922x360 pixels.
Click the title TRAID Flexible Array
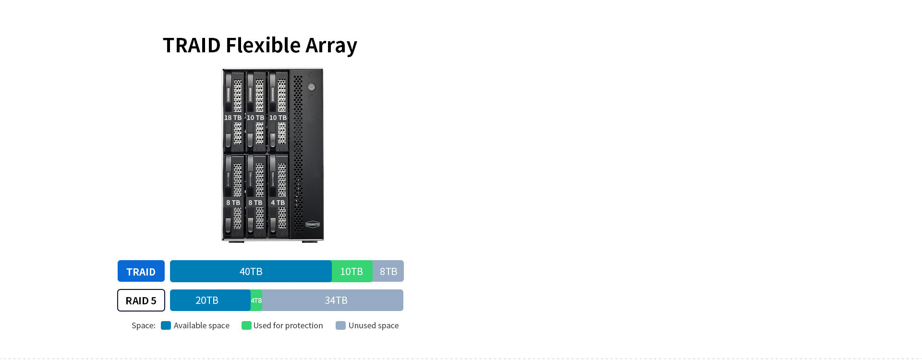tap(260, 46)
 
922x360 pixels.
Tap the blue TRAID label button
tap(141, 271)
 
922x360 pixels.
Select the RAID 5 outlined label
tap(141, 300)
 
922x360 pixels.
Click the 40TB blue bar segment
tap(251, 271)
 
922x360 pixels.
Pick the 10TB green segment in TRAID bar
tap(352, 271)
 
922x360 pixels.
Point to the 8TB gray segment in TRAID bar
tap(388, 271)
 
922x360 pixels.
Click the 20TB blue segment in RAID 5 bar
tap(207, 300)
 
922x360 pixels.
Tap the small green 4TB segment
tap(256, 300)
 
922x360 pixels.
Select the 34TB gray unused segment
tap(336, 300)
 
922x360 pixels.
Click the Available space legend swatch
tap(166, 325)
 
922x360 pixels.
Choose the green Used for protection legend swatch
tap(246, 325)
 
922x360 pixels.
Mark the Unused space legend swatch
tap(340, 325)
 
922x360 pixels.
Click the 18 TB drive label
tap(233, 118)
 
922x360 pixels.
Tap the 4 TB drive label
tap(278, 203)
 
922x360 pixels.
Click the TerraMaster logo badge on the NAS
tap(313, 224)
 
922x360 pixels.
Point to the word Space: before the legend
tap(144, 325)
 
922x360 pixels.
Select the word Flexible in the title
tap(263, 46)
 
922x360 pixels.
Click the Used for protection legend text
tap(288, 325)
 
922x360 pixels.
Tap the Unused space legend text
tap(374, 325)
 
